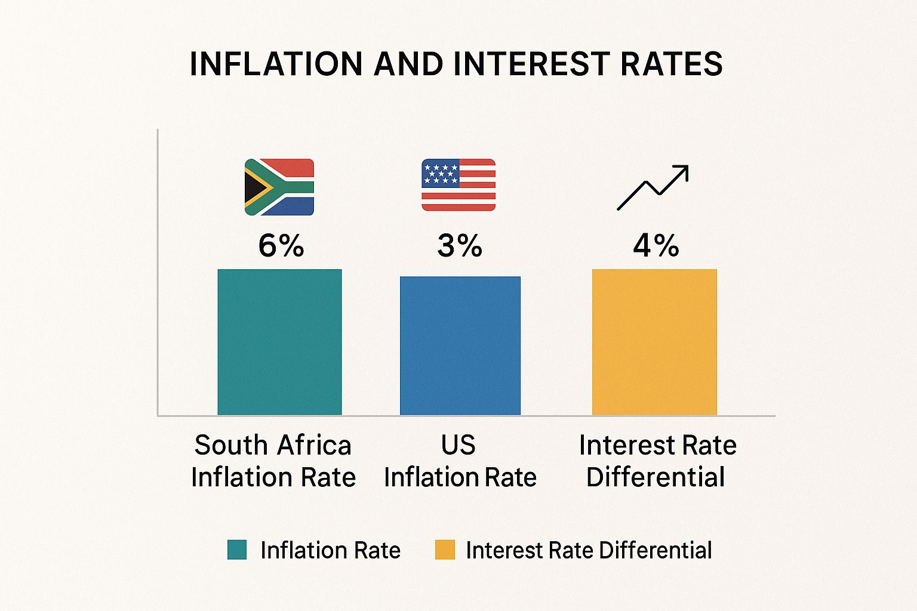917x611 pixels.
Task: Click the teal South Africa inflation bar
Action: point(279,342)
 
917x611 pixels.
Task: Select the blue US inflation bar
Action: point(460,345)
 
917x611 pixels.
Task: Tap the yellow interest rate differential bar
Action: point(654,342)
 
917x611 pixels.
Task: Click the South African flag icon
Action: point(279,187)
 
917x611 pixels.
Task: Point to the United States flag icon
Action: point(458,185)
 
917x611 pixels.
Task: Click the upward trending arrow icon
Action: point(653,187)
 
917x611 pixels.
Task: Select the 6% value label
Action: point(281,245)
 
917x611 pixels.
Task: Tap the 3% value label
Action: point(459,245)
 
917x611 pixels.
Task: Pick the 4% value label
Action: point(656,245)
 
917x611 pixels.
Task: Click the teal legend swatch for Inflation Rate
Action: point(237,550)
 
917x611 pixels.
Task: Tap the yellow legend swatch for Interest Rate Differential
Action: point(445,550)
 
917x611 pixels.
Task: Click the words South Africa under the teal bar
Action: point(273,445)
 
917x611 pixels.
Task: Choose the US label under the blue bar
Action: point(458,445)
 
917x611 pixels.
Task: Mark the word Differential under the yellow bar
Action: point(656,477)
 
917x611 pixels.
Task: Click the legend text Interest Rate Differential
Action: point(589,550)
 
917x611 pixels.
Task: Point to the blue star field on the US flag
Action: point(440,173)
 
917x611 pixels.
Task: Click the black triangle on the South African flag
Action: point(253,187)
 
